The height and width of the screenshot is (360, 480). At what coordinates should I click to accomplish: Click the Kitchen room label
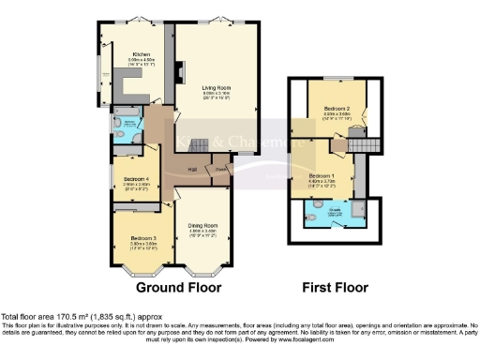(142, 55)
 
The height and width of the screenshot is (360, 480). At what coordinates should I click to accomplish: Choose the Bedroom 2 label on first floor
(335, 110)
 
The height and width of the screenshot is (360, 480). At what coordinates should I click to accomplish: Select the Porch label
(221, 170)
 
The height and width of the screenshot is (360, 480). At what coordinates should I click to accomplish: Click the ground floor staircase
(194, 146)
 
